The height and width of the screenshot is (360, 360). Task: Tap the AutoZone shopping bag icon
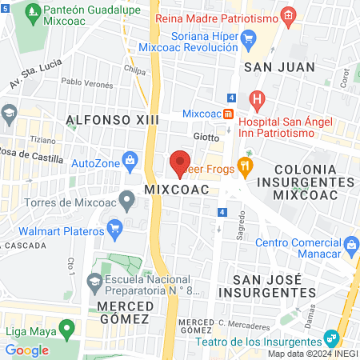[x=129, y=162]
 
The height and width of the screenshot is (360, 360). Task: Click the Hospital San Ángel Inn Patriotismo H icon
[x=256, y=101]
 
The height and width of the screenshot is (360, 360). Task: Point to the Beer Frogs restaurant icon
[x=246, y=168]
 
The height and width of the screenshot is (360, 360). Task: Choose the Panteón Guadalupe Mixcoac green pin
[x=33, y=14]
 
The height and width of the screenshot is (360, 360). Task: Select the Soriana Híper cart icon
[x=248, y=37]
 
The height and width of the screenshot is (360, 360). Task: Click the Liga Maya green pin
[x=68, y=328]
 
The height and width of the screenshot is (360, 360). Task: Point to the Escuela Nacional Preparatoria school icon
[x=94, y=281]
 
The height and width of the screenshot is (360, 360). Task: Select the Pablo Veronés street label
[x=84, y=82]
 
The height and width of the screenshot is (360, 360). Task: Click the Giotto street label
[x=206, y=137]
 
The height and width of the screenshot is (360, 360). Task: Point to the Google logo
[x=26, y=350]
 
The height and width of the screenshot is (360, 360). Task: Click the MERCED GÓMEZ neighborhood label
[x=123, y=313]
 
